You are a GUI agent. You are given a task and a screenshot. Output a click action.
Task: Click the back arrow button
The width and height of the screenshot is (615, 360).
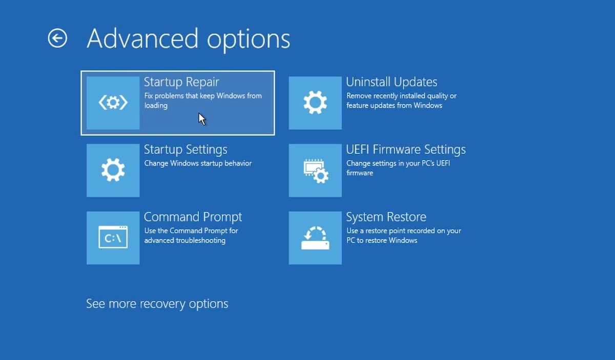[57, 38]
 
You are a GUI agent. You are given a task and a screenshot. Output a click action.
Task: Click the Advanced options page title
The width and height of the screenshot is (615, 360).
[188, 38]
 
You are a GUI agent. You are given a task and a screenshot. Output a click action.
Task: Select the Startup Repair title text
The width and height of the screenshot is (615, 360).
[181, 82]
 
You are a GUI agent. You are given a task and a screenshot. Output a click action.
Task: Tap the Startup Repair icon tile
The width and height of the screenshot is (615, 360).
[113, 103]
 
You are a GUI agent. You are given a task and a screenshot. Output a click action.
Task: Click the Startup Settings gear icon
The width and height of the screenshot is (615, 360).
[113, 170]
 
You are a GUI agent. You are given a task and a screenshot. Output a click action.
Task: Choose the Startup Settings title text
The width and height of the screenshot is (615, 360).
[186, 150]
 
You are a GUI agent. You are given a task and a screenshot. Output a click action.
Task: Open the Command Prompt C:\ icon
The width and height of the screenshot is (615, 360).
[113, 237]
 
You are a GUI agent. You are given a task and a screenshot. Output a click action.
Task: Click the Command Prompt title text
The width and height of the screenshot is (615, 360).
[193, 217]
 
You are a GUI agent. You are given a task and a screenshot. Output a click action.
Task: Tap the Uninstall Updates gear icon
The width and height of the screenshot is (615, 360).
[315, 103]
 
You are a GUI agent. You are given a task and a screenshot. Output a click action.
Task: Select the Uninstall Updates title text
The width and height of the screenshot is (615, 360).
[392, 82]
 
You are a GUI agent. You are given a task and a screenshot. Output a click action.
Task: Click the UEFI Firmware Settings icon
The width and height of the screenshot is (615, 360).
[315, 170]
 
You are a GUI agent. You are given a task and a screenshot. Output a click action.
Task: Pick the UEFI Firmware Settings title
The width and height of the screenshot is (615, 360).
[406, 150]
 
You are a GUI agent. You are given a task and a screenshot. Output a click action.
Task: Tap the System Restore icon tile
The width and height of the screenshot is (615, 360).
[315, 237]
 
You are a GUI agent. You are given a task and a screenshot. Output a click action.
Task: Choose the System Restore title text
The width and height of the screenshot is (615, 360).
[386, 217]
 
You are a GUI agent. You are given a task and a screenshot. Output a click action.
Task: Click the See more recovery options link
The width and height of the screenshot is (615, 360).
[157, 304]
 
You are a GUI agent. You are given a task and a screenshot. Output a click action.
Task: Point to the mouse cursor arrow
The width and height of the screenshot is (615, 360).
[202, 119]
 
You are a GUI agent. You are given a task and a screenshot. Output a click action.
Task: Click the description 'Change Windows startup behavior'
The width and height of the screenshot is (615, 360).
[198, 164]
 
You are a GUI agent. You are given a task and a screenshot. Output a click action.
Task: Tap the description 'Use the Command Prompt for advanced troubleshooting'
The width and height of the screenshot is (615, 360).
[191, 235]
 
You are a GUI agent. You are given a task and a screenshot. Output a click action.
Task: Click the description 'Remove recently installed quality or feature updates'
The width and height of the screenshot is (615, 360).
[401, 101]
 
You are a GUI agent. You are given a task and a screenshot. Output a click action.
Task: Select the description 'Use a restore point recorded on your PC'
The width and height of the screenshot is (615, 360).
[403, 235]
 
